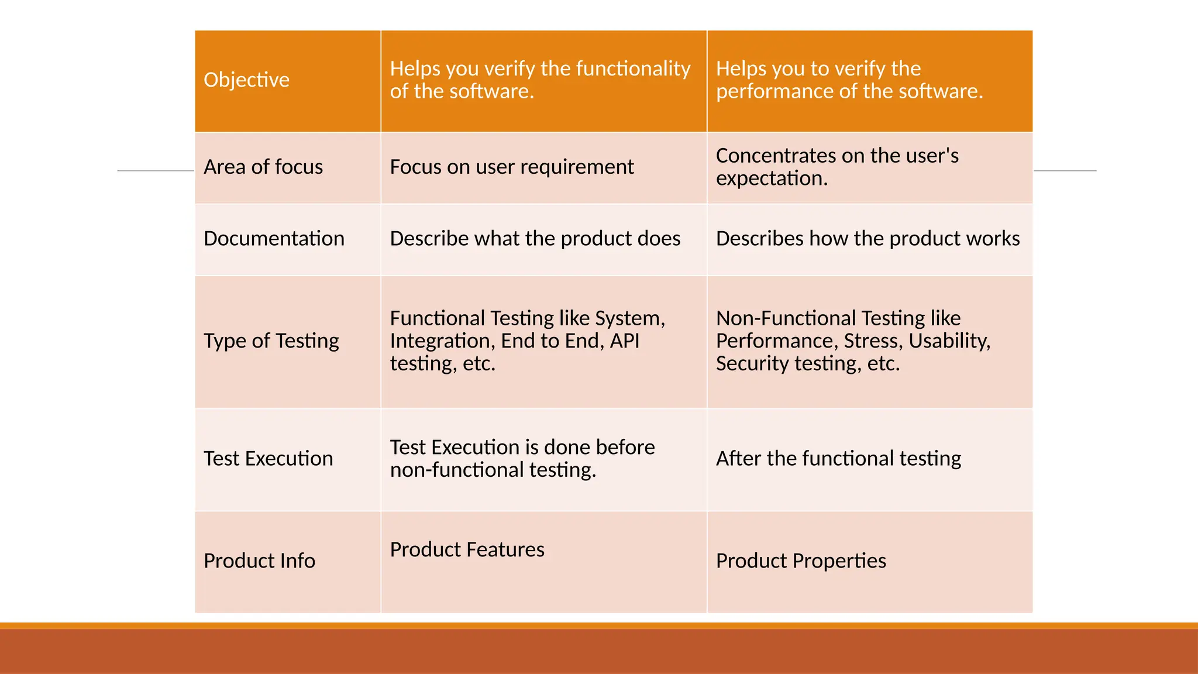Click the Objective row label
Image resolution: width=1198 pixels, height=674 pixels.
(x=246, y=80)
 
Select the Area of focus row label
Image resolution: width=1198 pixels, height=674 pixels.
(x=263, y=167)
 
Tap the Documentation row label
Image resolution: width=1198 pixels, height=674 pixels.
(x=274, y=239)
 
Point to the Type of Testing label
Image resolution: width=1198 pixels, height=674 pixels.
(x=271, y=341)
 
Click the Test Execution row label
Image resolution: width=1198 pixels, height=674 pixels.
(x=268, y=458)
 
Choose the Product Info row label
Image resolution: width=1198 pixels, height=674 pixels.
(x=259, y=560)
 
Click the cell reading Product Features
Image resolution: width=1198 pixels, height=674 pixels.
(x=467, y=549)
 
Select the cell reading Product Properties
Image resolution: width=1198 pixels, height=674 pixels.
(x=800, y=560)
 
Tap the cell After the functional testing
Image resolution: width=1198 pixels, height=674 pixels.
(x=838, y=458)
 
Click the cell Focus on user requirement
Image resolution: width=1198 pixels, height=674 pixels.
(x=511, y=167)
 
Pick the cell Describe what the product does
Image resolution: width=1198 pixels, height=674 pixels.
(x=535, y=239)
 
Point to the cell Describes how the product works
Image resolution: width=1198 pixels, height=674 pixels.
(x=867, y=239)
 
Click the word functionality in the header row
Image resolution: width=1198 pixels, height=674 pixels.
(x=633, y=69)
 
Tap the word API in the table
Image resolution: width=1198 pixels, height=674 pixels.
(x=624, y=341)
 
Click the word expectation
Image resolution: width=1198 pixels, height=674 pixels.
(x=771, y=178)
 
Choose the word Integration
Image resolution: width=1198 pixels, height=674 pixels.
(x=442, y=341)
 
